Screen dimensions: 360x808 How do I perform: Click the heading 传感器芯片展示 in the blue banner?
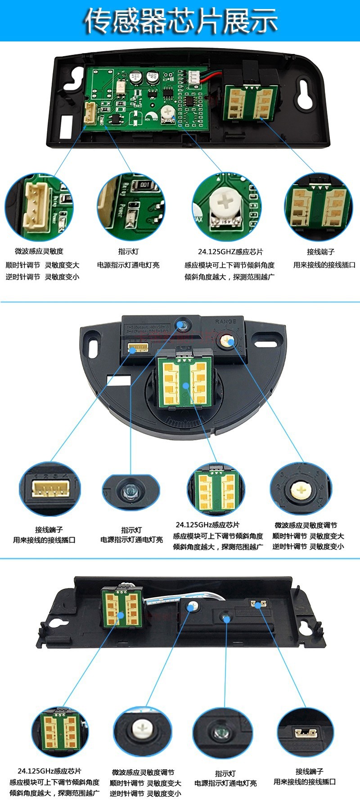(x=180, y=21)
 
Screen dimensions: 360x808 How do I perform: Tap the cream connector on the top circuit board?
(x=90, y=113)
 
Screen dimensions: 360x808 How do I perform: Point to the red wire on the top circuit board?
(x=211, y=77)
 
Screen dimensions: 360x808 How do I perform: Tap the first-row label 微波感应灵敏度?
(x=39, y=251)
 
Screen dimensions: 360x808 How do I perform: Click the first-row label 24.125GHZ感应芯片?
(x=230, y=252)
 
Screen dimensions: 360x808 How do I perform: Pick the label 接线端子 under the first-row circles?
(x=320, y=252)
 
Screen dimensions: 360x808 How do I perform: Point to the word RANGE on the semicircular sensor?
(x=225, y=321)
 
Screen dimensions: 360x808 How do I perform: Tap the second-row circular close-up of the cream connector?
(x=49, y=489)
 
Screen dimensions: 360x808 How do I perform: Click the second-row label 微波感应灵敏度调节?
(x=306, y=525)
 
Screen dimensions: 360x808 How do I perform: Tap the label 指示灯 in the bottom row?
(x=225, y=773)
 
